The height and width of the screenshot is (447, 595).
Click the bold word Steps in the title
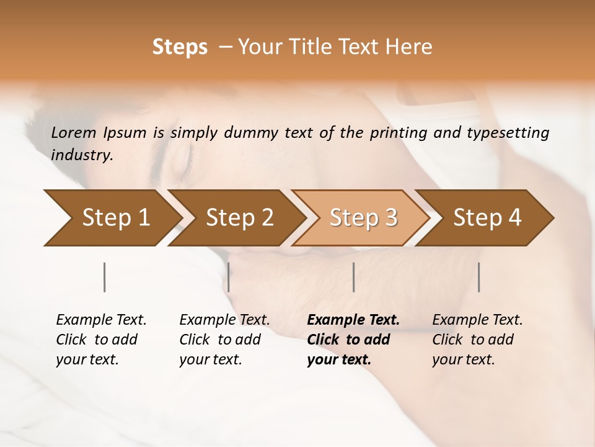tap(180, 47)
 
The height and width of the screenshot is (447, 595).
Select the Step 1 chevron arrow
tap(112, 217)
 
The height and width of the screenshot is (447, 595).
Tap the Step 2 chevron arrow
tap(239, 217)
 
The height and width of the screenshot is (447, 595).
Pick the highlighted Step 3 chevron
tap(363, 217)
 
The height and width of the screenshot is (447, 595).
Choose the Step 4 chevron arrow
tap(487, 217)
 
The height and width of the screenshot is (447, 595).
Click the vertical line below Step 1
tap(105, 277)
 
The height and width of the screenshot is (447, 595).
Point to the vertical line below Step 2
tap(229, 277)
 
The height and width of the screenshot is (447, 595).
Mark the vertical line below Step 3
tap(354, 277)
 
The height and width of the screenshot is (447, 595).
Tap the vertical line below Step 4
tap(479, 277)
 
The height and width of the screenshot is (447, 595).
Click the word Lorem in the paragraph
tap(74, 133)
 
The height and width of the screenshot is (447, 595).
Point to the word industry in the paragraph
tap(82, 155)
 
